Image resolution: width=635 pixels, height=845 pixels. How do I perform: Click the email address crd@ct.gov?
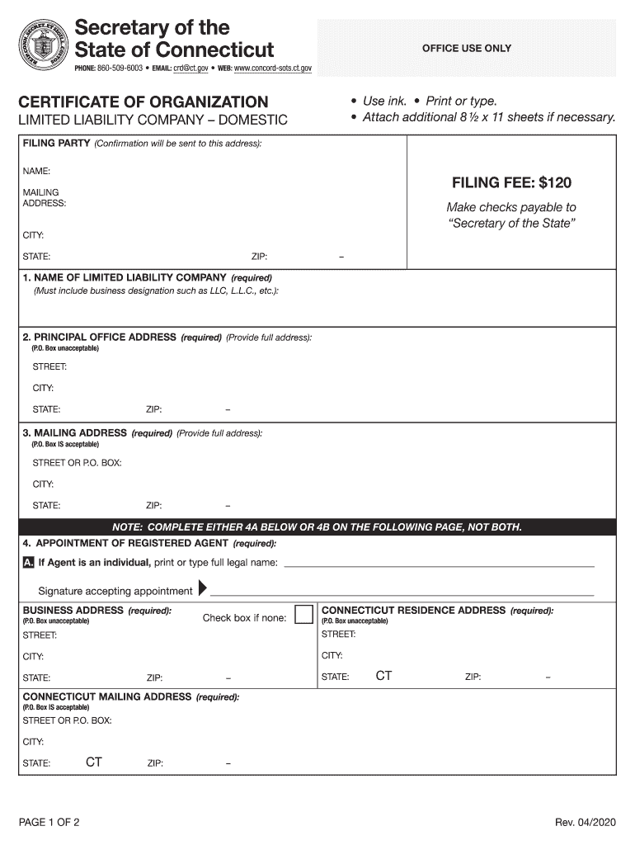tap(190, 68)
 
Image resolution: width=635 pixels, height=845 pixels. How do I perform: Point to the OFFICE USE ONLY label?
tap(466, 49)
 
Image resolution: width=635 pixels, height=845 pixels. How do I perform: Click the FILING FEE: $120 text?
tap(511, 182)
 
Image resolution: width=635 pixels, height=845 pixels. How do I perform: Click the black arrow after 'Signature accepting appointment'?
tap(203, 590)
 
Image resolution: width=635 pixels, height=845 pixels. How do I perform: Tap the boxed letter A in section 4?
tap(28, 563)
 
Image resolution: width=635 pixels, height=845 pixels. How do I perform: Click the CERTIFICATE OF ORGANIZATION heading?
tap(143, 102)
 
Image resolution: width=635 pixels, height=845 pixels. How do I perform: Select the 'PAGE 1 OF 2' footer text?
tap(49, 823)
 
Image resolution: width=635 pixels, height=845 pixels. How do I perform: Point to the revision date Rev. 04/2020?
tap(585, 823)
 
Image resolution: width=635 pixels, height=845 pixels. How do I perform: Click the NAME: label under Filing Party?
tap(36, 171)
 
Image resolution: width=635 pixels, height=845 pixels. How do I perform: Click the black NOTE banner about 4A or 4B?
tap(317, 527)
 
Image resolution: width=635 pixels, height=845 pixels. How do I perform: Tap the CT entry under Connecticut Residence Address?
tap(383, 676)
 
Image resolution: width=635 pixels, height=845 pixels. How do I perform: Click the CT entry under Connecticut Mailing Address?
tap(93, 762)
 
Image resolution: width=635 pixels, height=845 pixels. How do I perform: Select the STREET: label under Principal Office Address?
tap(49, 366)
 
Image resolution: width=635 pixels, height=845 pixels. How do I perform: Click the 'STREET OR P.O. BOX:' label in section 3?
tap(77, 463)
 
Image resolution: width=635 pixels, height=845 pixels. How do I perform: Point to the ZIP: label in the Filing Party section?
tap(259, 257)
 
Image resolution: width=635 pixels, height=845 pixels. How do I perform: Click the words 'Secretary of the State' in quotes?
tap(511, 224)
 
